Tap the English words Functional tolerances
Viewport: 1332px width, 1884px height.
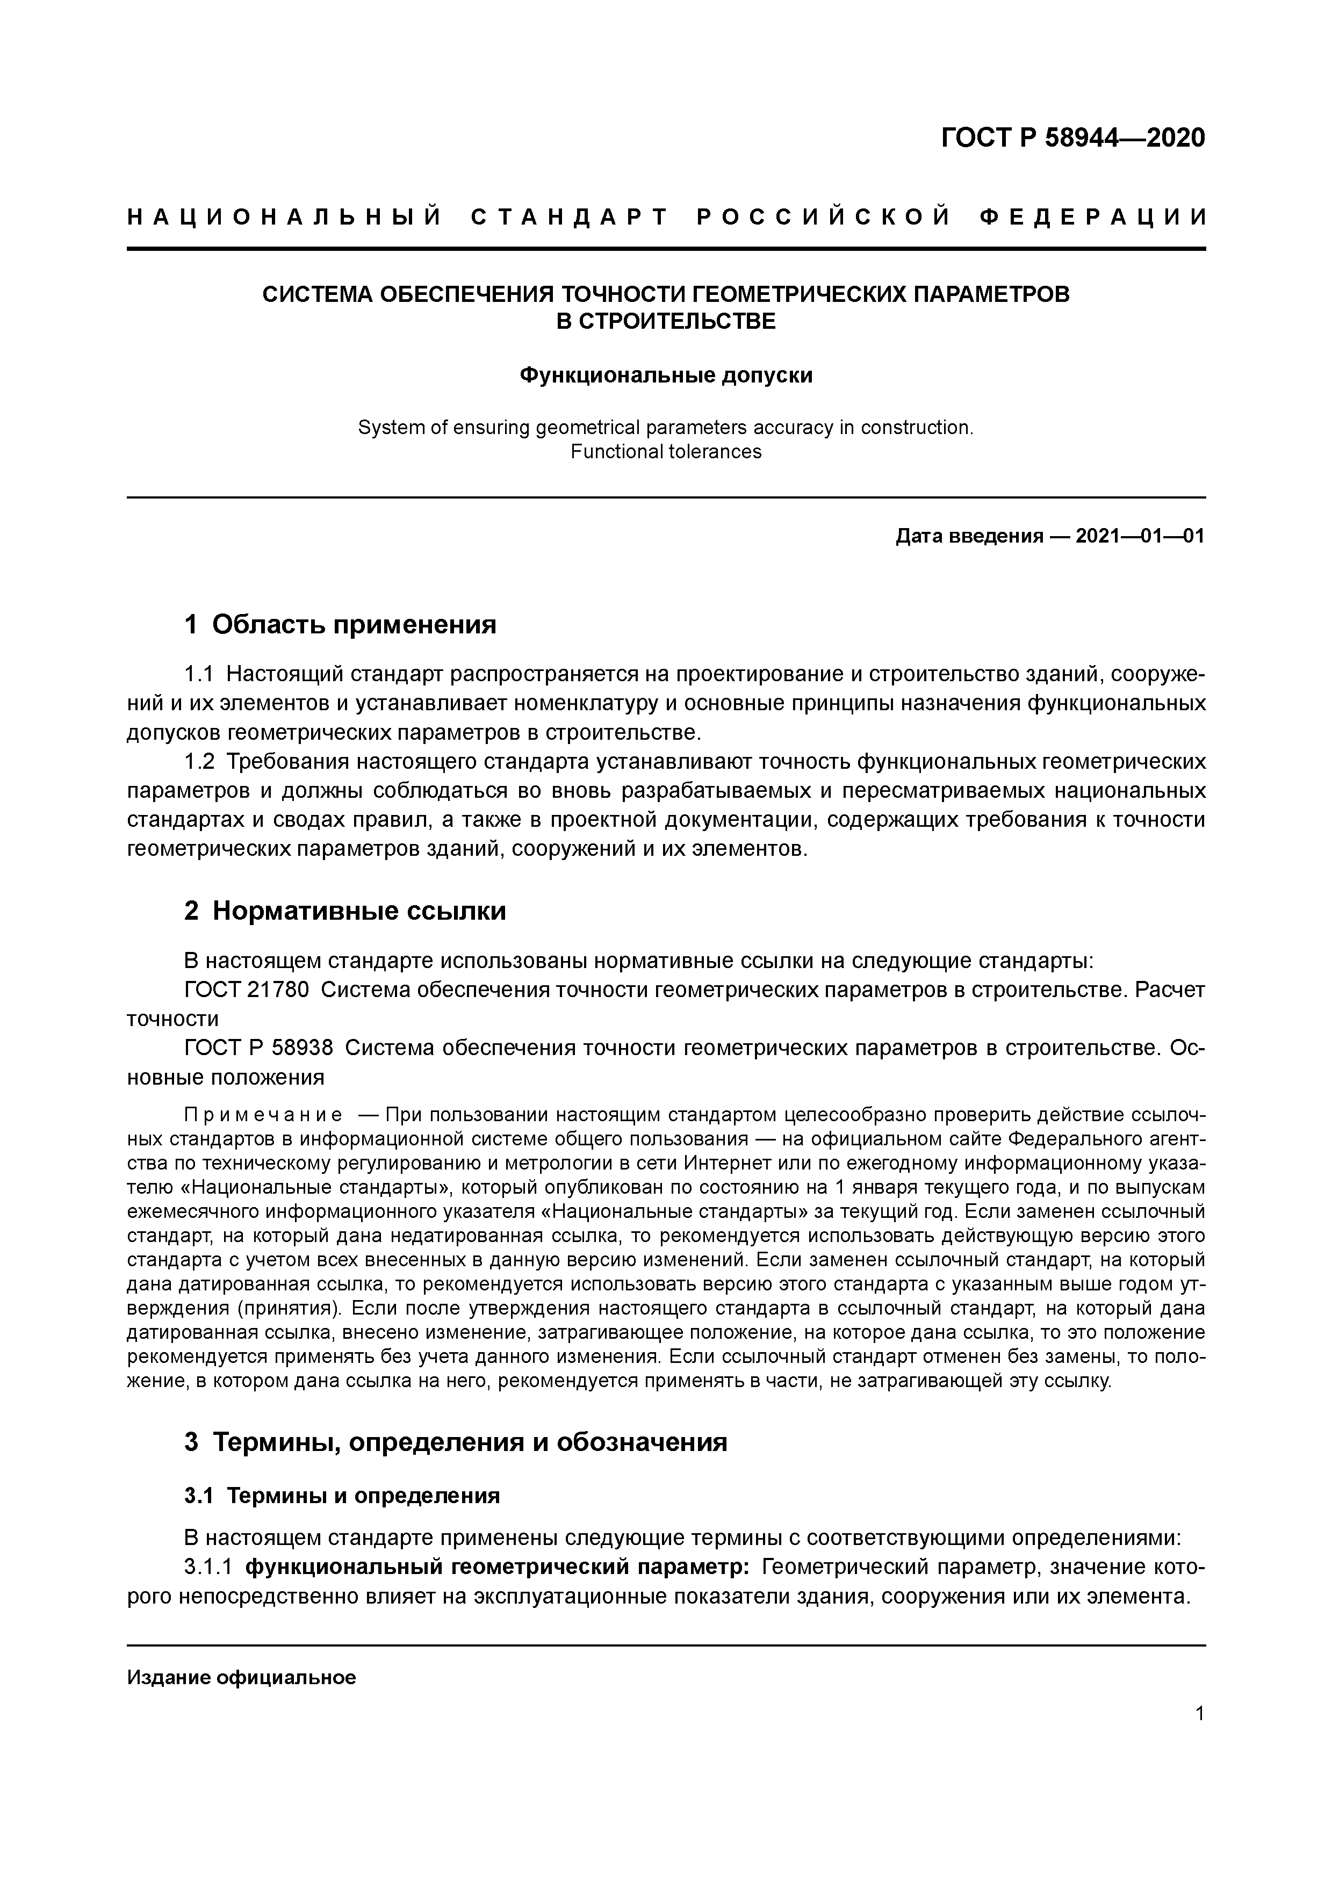[x=666, y=451]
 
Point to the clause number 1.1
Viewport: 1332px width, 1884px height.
[x=199, y=675]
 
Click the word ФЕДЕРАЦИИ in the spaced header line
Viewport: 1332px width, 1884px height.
[x=1093, y=218]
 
